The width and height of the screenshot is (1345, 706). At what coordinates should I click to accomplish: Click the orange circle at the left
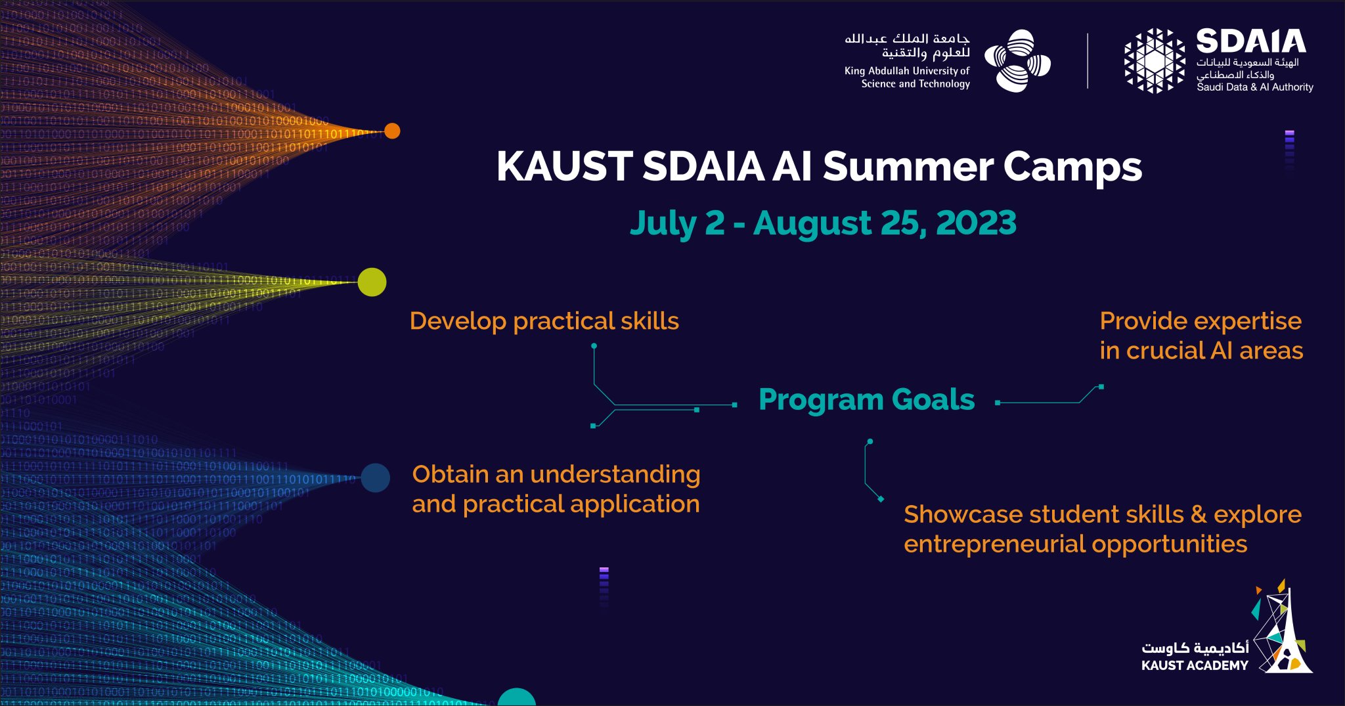pos(392,131)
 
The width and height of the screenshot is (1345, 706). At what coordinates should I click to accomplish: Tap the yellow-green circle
pos(372,282)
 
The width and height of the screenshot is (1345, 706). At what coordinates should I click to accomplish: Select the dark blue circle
pos(375,477)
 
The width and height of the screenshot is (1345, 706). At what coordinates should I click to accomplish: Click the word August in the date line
pos(812,223)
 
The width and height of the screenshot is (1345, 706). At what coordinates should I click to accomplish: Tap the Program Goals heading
pos(866,400)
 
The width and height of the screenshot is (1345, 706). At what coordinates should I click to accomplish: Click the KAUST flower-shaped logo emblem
pos(1017,60)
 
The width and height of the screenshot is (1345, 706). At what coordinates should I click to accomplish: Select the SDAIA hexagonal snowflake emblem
pos(1154,60)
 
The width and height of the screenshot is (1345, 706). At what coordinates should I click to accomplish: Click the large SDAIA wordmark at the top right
pos(1250,42)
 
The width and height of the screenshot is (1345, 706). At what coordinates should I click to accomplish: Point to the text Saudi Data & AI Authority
pos(1254,87)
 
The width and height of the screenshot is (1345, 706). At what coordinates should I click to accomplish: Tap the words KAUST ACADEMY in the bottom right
pos(1195,665)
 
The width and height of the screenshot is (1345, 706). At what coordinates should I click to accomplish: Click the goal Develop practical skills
pos(544,321)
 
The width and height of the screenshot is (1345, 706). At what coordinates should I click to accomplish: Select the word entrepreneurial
pos(994,544)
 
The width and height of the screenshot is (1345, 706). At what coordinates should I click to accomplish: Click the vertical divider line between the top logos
pos(1088,60)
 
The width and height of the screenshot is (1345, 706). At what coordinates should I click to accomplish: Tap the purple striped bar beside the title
pos(1289,150)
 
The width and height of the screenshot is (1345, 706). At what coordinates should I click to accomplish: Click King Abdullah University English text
pos(907,71)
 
